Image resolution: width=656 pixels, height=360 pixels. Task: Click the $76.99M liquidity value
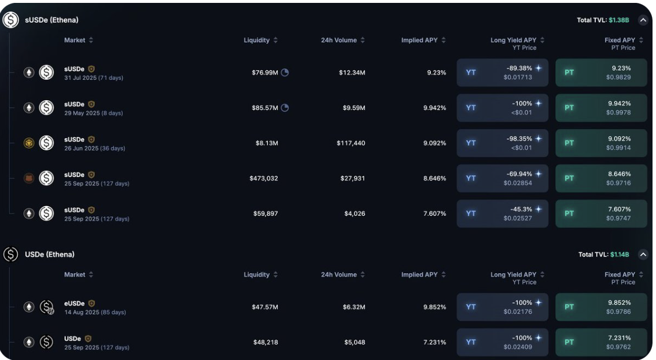pos(265,73)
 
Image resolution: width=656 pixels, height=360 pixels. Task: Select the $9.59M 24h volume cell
pos(352,108)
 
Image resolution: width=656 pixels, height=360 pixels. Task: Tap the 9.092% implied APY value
pos(434,143)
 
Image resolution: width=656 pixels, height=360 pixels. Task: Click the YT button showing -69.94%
pos(502,178)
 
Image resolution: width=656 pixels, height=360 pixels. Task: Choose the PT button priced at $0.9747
pos(601,214)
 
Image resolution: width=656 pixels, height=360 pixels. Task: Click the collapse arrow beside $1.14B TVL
pos(643,255)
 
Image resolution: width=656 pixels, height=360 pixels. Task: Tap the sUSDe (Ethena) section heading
pos(51,20)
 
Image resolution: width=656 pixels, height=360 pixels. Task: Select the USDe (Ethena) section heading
pos(50,255)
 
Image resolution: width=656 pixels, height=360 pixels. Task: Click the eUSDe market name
pos(75,303)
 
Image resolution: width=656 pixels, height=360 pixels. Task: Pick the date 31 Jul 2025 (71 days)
pos(94,78)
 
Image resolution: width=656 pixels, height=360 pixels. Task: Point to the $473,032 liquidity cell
pos(264,178)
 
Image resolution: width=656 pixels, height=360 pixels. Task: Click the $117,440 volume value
pos(351,143)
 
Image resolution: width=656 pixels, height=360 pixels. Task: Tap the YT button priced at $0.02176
pos(502,307)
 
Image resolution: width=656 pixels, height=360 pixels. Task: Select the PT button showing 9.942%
pos(601,108)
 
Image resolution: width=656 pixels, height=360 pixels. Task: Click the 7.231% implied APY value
pos(434,343)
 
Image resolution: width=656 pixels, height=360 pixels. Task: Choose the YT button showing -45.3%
pos(502,214)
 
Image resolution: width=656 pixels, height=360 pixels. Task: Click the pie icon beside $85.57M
pos(285,108)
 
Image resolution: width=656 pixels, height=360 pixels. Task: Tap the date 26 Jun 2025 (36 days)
pos(94,148)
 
